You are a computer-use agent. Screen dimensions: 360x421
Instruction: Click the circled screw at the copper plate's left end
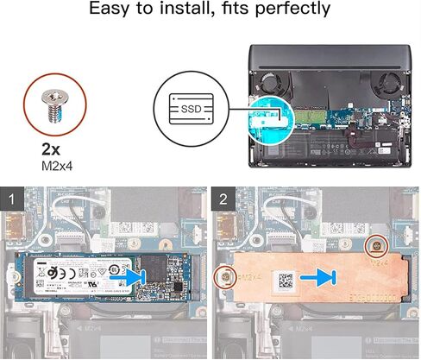[224, 277]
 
